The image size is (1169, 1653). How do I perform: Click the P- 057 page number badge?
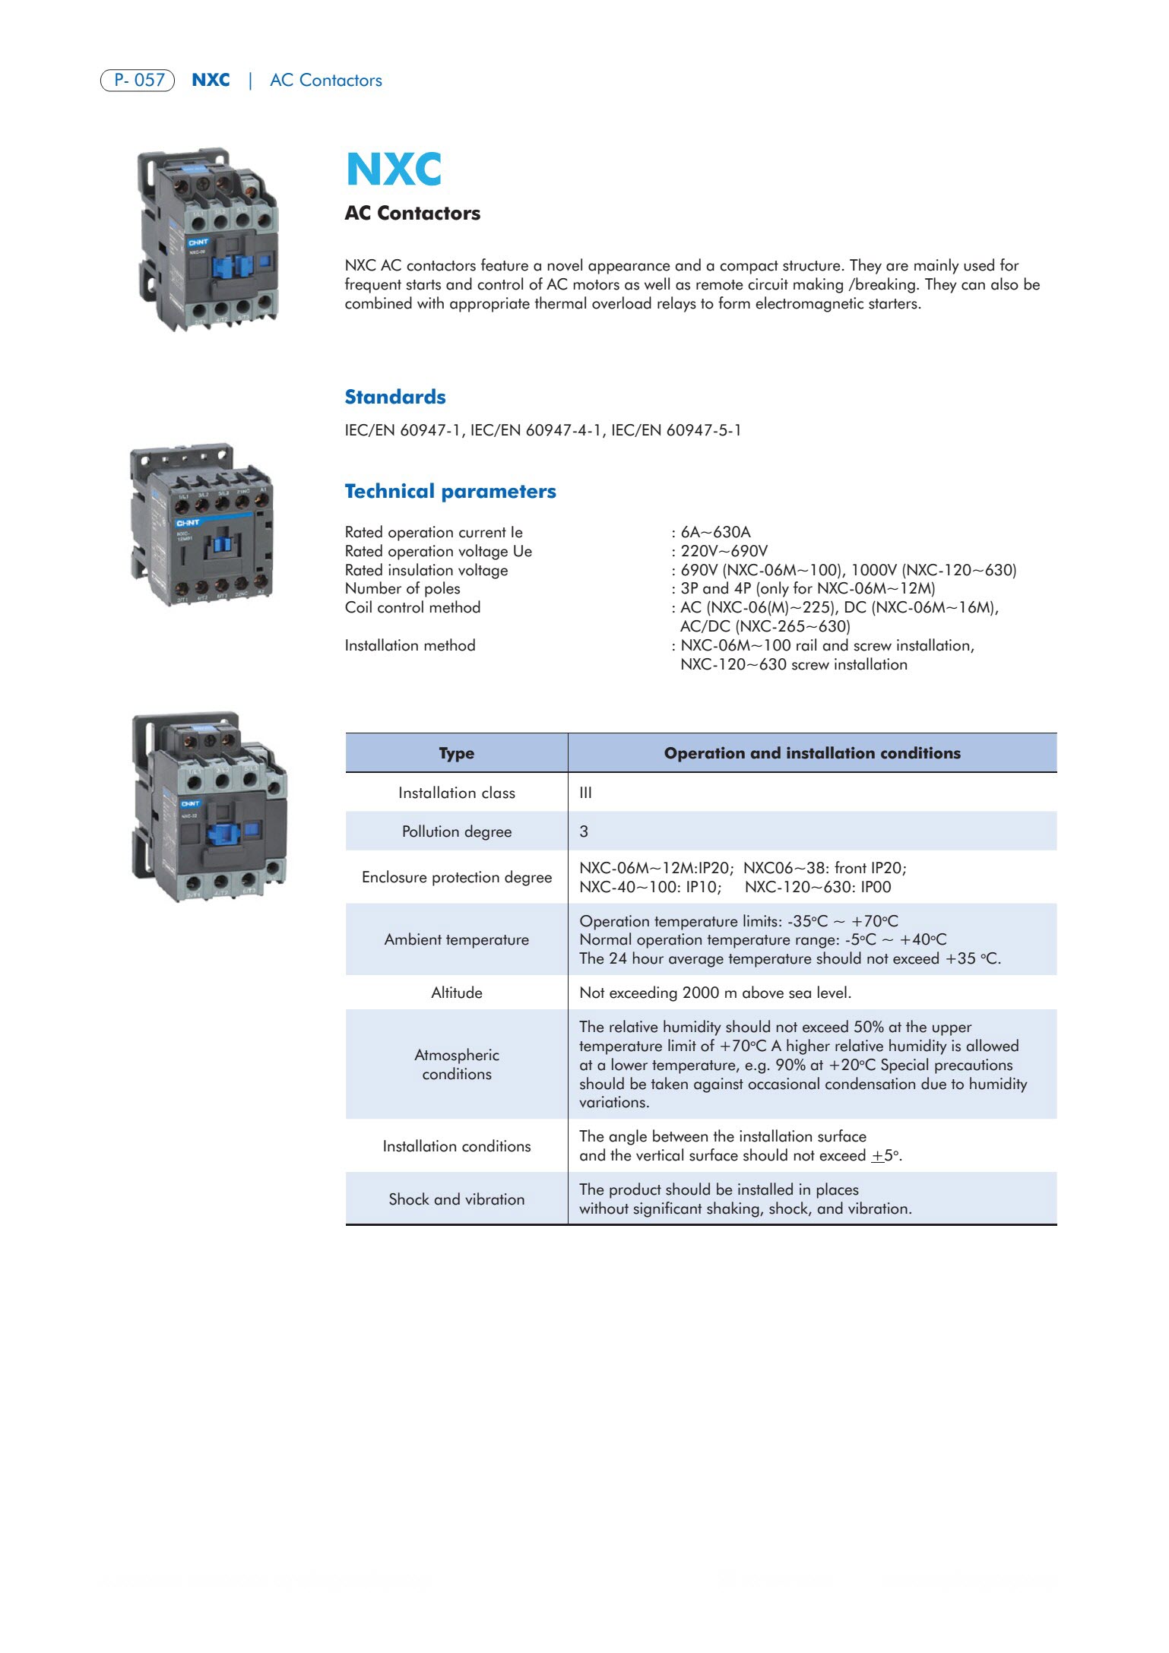(x=138, y=80)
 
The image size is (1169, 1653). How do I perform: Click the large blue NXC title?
(x=394, y=169)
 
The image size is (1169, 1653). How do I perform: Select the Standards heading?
(x=395, y=397)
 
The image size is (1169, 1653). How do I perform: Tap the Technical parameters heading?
(x=450, y=491)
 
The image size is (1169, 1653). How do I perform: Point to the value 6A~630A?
(x=715, y=532)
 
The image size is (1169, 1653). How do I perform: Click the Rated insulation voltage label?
(x=426, y=570)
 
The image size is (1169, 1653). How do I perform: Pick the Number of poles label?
(x=402, y=588)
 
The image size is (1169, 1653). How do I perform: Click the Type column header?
(x=456, y=753)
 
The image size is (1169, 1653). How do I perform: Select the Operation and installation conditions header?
(x=812, y=753)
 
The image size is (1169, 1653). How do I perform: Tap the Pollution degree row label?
(x=456, y=831)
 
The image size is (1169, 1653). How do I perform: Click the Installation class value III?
(x=585, y=793)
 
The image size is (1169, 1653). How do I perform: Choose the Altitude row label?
(x=456, y=993)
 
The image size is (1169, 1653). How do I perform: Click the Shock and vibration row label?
(x=456, y=1199)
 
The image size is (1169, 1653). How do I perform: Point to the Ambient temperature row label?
(x=456, y=939)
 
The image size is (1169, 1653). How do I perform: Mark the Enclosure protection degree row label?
(x=456, y=877)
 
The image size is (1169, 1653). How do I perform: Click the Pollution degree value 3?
(x=584, y=831)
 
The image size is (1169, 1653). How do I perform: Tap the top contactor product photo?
(x=208, y=239)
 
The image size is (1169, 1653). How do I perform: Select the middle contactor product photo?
(x=202, y=525)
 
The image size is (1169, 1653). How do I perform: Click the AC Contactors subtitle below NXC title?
(x=412, y=214)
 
